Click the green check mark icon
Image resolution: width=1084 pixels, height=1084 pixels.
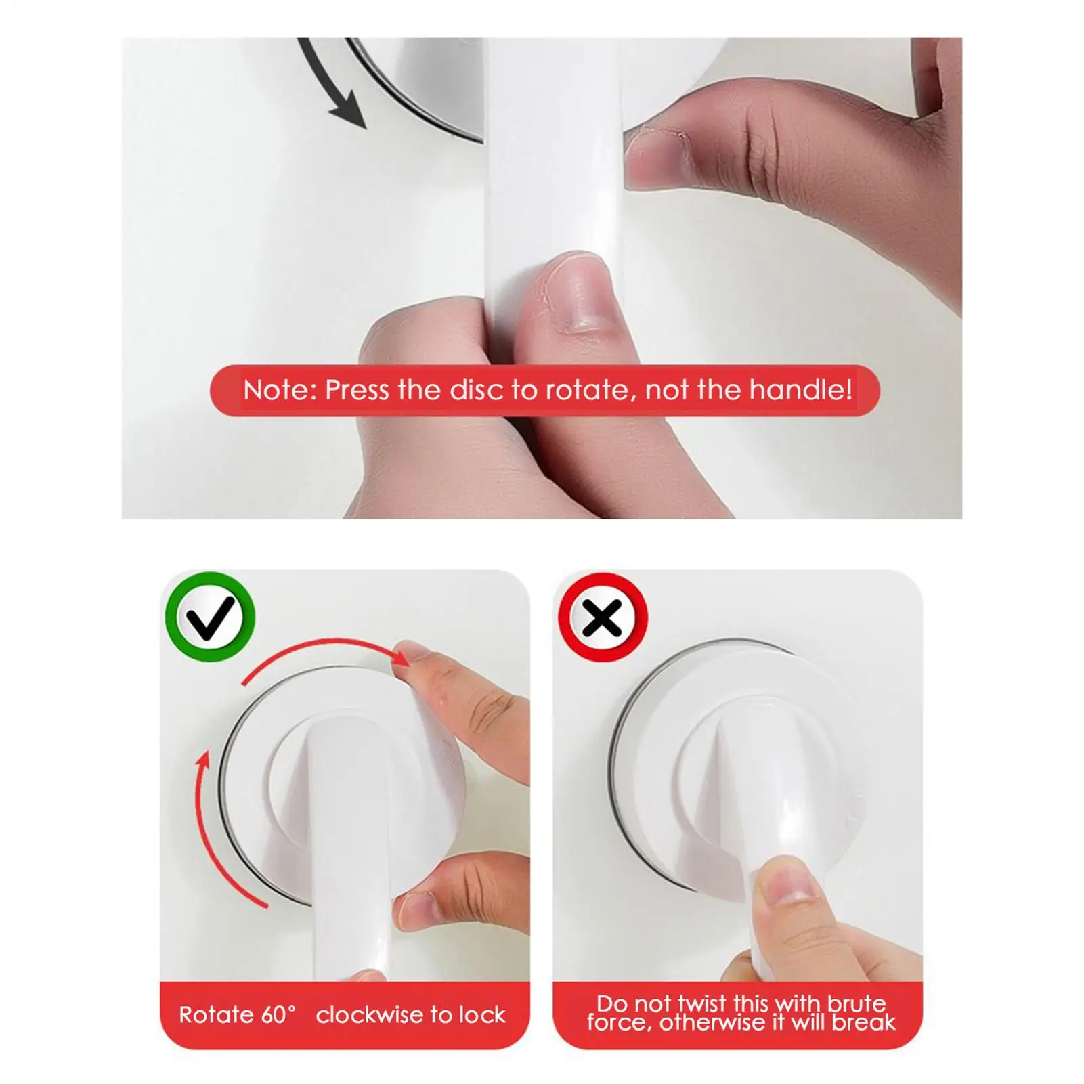pyautogui.click(x=210, y=617)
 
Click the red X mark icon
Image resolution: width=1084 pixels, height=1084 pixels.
pyautogui.click(x=602, y=617)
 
